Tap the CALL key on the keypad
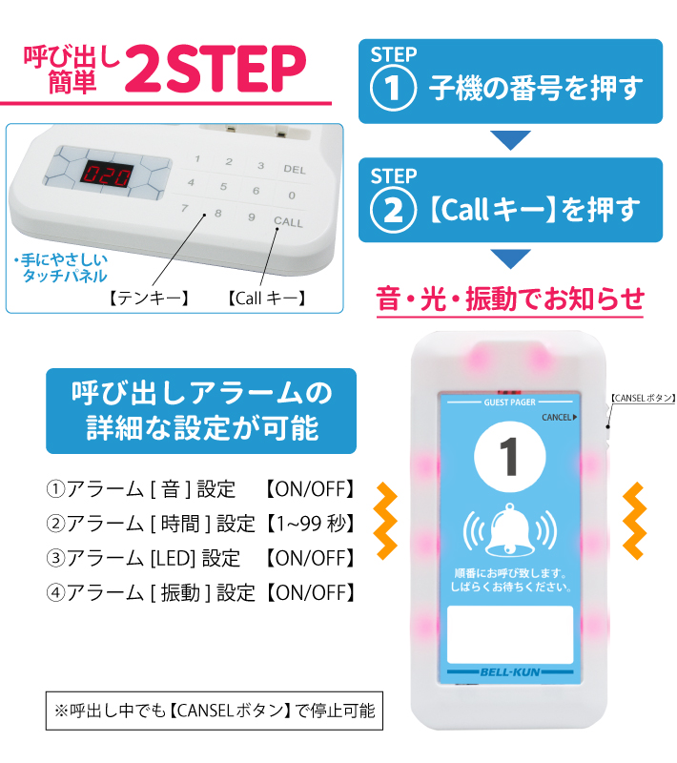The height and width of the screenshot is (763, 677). tap(287, 222)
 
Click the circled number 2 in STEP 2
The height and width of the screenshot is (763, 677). tap(394, 210)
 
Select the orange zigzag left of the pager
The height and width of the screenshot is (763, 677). tap(385, 520)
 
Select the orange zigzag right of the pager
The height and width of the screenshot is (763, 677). tap(634, 520)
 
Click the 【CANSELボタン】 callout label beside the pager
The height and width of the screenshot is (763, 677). tap(641, 399)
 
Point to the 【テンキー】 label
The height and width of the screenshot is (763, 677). tap(148, 299)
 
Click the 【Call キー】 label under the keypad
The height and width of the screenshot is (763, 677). tap(267, 299)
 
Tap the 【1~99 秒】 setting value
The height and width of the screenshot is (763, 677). tap(310, 523)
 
